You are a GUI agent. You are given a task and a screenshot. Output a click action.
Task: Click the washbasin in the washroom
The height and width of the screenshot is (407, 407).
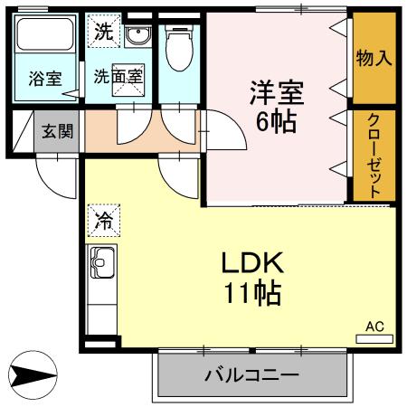139,37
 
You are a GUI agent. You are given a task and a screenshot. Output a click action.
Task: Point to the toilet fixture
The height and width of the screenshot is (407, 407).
177,45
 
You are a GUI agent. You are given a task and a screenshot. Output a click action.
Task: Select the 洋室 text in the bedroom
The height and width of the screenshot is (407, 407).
276,92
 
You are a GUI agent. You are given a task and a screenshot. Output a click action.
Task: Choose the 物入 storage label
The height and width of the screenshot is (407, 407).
374,59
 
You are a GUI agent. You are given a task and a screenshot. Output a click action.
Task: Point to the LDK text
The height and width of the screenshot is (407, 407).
254,263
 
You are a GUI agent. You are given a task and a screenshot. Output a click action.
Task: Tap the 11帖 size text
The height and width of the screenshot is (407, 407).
254,293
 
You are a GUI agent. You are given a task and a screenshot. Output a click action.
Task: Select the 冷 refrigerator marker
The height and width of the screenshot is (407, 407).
103,218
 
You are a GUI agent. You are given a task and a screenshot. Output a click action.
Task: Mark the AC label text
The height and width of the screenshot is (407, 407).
374,326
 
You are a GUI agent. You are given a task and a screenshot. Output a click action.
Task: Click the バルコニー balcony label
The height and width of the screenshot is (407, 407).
251,374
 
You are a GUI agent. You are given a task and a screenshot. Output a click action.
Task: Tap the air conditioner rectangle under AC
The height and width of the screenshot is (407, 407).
374,339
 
